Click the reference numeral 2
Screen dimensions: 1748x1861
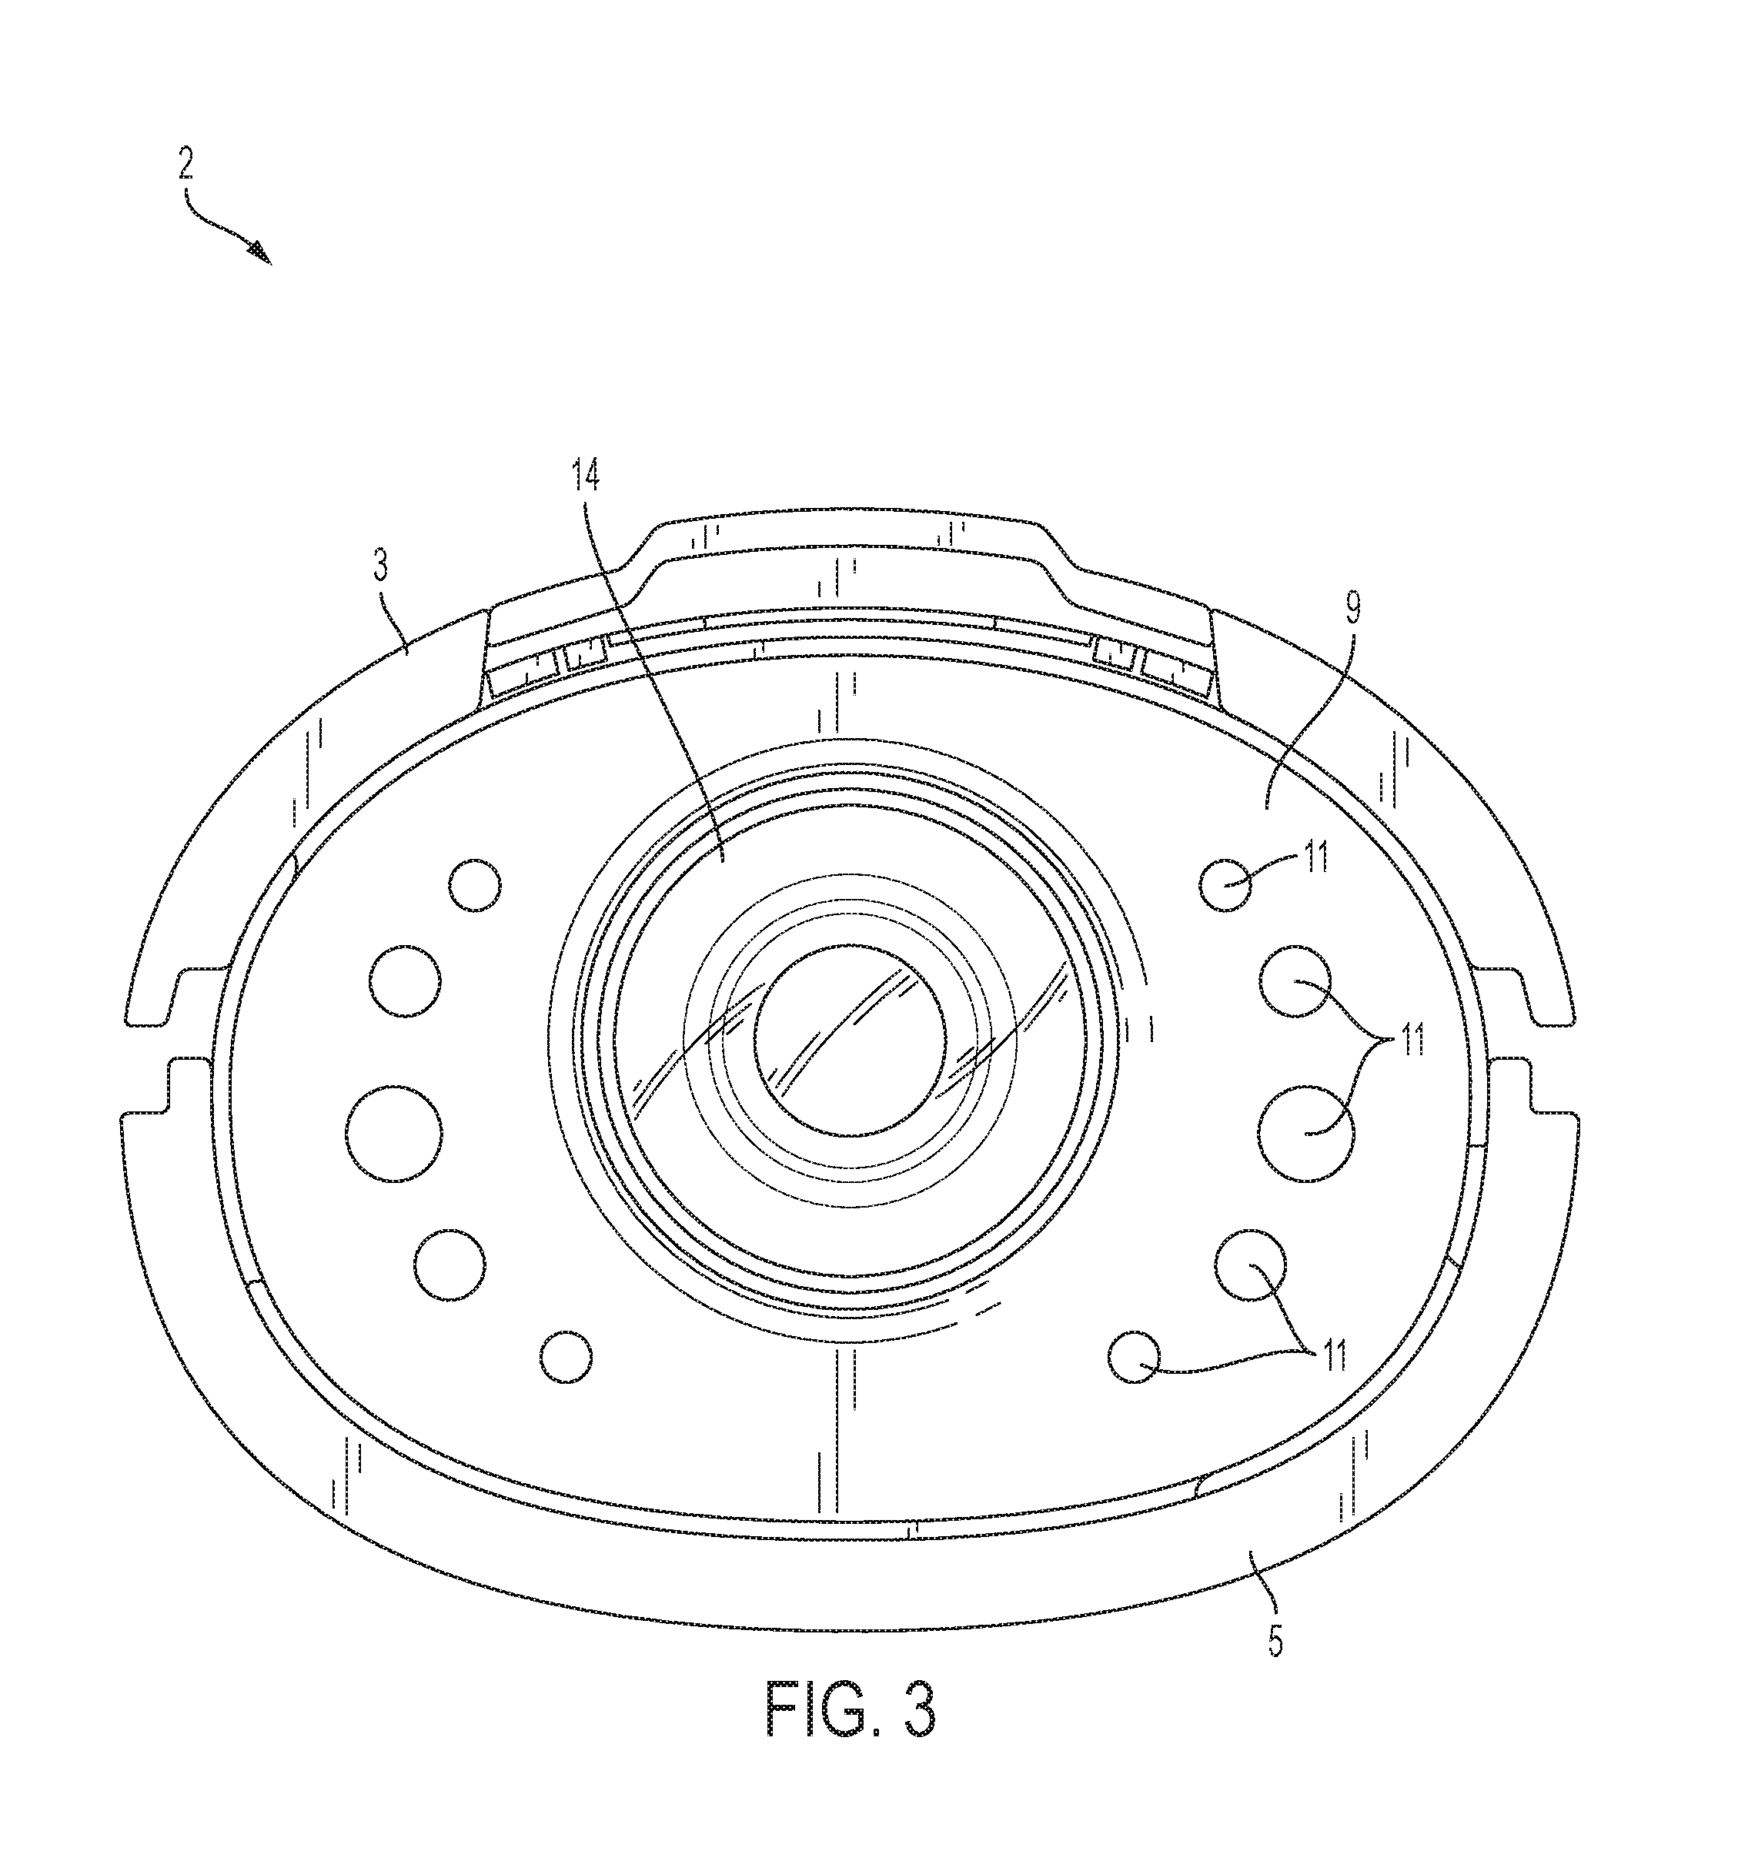click(185, 165)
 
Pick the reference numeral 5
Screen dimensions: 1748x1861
click(1275, 1641)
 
